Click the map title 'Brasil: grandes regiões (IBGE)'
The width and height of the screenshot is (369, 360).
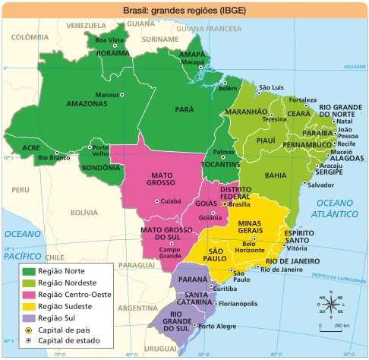click(184, 11)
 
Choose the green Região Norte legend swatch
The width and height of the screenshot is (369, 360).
click(29, 270)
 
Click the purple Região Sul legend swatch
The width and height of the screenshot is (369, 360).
click(29, 318)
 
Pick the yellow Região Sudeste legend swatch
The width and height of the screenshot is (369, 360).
click(29, 306)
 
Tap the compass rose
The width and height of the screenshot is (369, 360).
click(330, 307)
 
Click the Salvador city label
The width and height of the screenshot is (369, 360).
click(321, 185)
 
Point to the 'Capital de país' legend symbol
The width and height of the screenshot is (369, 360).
click(29, 330)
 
